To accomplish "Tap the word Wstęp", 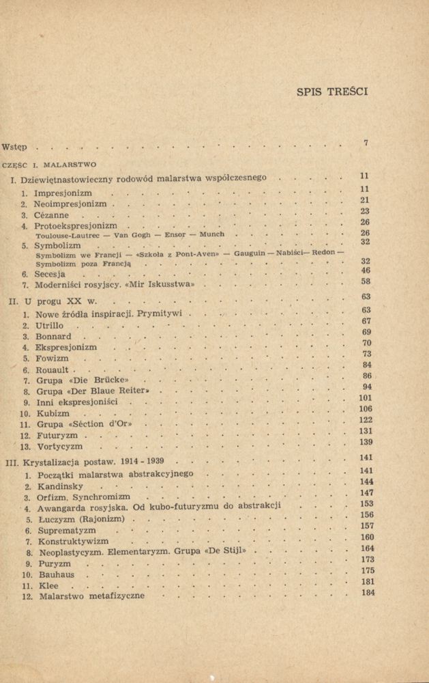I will pyautogui.click(x=15, y=147).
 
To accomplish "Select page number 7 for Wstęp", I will pyautogui.click(x=366, y=143).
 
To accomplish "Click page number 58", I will pyautogui.click(x=365, y=281).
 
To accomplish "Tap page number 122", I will pyautogui.click(x=365, y=420).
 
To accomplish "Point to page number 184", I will pyautogui.click(x=368, y=592).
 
